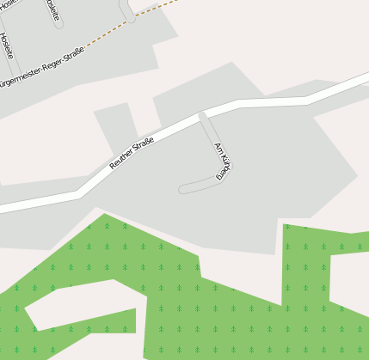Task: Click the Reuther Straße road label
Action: pos(132,153)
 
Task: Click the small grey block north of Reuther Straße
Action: pos(116,125)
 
